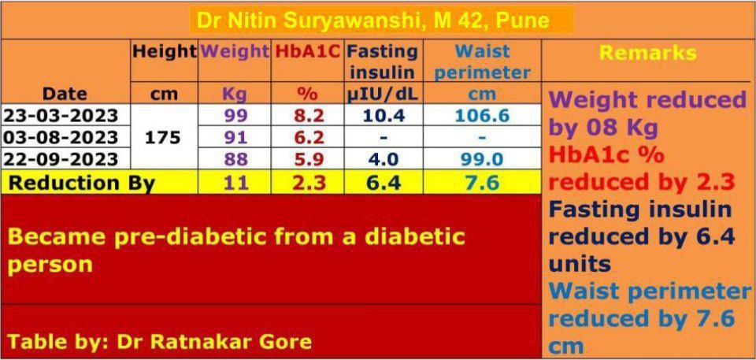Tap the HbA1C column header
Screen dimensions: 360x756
click(308, 52)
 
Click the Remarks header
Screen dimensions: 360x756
click(647, 53)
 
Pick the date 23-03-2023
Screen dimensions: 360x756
click(61, 116)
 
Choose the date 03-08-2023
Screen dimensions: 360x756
click(61, 137)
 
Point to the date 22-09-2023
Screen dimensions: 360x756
click(61, 158)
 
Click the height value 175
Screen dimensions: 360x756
click(164, 137)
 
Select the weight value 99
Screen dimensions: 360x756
click(235, 116)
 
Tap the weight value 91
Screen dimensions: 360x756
click(235, 137)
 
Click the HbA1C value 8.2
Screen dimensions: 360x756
click(308, 116)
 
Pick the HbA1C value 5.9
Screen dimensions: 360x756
click(308, 158)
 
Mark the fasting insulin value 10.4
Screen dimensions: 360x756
click(383, 116)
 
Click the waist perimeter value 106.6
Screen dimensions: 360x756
click(482, 116)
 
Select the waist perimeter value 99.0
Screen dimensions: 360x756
click(482, 158)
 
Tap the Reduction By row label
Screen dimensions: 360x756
click(81, 183)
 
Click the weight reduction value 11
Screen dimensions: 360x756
click(235, 183)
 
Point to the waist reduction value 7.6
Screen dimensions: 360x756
click(482, 183)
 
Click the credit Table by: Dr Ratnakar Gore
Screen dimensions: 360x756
click(160, 341)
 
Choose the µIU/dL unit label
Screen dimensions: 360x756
click(383, 95)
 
